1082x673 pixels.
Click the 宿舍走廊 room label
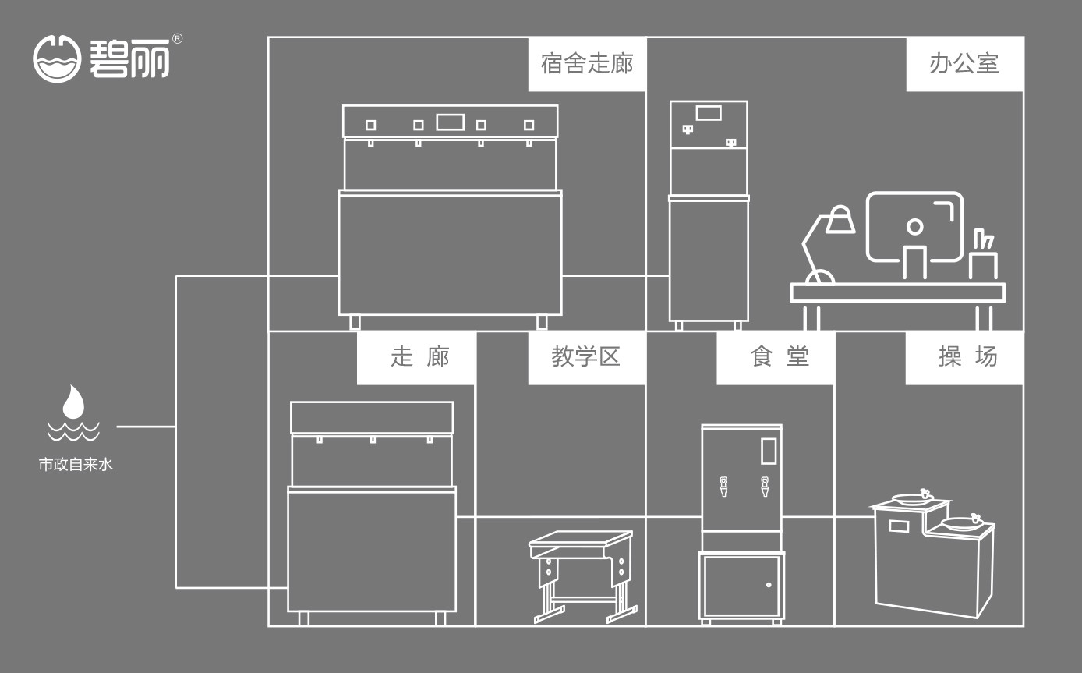point(586,64)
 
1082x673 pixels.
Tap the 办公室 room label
point(964,64)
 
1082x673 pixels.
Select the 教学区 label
point(586,357)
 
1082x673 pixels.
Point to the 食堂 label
point(775,357)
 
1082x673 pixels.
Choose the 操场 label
point(964,357)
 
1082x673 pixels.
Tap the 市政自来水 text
point(76,466)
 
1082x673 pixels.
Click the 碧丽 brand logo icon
point(57,59)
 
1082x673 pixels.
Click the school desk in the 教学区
point(582,573)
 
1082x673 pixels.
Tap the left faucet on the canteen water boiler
point(724,487)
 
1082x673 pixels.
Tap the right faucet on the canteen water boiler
point(765,487)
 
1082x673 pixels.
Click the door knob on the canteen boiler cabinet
point(769,585)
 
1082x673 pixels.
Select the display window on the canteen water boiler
point(768,452)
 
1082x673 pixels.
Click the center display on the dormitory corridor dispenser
point(450,122)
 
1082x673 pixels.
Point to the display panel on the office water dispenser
point(708,112)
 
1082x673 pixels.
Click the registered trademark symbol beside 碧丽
point(177,39)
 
